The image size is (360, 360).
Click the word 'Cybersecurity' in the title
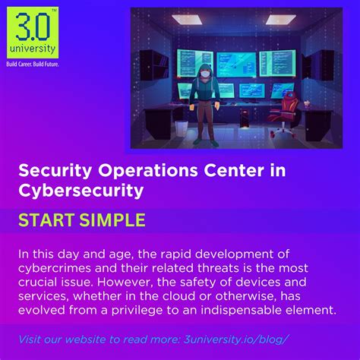[81, 191]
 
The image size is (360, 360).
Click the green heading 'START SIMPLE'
[81, 221]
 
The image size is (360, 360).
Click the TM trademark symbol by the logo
[54, 8]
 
